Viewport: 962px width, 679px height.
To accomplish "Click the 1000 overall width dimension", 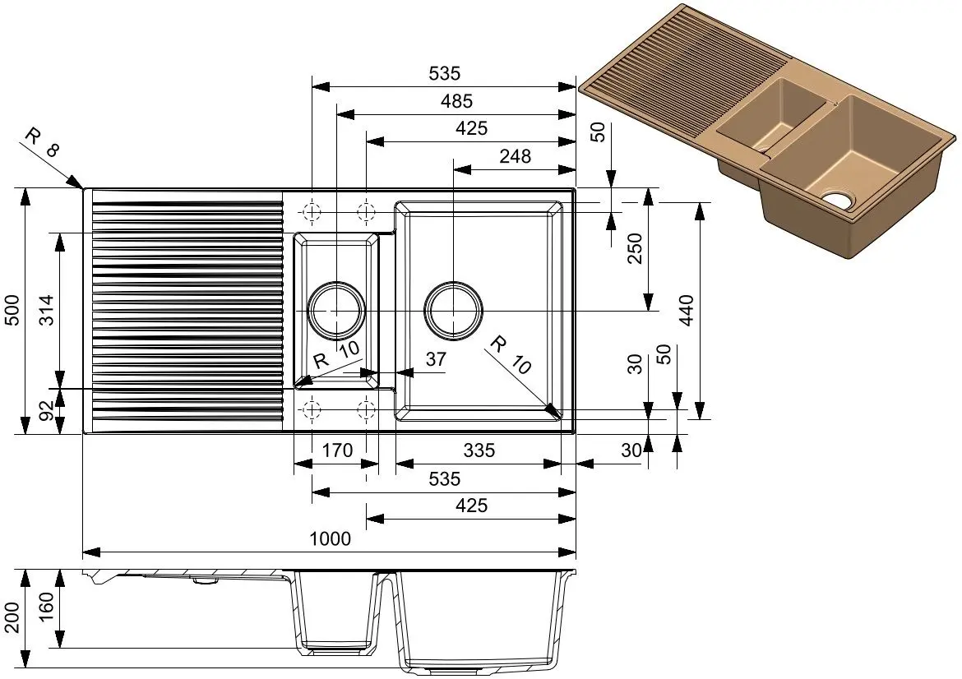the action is (x=330, y=538).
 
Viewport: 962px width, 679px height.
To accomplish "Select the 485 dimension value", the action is (x=456, y=100).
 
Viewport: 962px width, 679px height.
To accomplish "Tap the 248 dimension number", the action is (x=515, y=156).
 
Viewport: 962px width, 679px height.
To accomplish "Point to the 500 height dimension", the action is (x=12, y=311).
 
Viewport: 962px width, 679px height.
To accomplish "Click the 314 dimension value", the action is (x=47, y=311).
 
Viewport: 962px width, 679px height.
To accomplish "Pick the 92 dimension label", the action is (x=47, y=412).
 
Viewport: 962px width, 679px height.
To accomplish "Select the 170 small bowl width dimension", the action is (x=337, y=450).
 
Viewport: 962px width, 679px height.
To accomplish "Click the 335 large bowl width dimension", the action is (x=479, y=450).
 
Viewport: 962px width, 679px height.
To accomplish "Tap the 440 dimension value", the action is (x=687, y=311).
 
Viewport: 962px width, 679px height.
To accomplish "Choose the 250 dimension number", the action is (x=635, y=248).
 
